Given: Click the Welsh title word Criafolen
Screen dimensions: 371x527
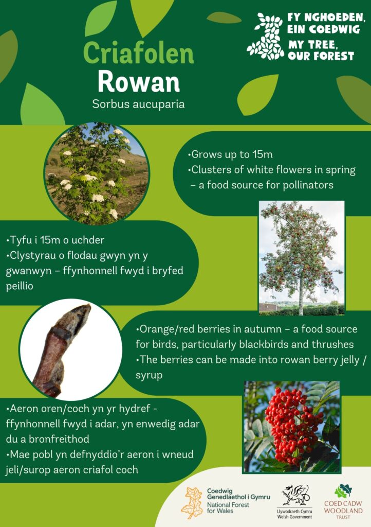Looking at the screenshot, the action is (x=139, y=53).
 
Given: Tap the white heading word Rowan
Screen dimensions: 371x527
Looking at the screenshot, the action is (x=139, y=82).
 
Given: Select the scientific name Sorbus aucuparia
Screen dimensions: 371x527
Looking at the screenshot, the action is (x=139, y=104).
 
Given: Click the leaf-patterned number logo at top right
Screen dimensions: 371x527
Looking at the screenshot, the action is (x=265, y=37).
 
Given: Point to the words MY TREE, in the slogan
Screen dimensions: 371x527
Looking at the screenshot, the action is (x=311, y=45).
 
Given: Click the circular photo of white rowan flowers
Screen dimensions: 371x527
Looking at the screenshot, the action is (x=97, y=173).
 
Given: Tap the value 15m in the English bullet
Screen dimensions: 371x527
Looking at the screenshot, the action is (x=263, y=154).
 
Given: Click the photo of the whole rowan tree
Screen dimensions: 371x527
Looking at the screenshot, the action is (x=302, y=258).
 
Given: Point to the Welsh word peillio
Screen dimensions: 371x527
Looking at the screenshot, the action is (x=20, y=286).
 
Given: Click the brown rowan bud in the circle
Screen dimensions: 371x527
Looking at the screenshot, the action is (x=62, y=350).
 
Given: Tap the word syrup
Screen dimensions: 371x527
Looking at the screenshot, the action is (x=149, y=375).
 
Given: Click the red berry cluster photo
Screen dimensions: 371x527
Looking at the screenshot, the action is (x=291, y=427).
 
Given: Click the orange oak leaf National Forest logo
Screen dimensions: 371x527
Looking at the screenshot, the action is (x=192, y=503).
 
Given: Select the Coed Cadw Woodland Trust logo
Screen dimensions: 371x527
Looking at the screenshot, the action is (x=343, y=501).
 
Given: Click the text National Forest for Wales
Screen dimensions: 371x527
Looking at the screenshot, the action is (x=228, y=507).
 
